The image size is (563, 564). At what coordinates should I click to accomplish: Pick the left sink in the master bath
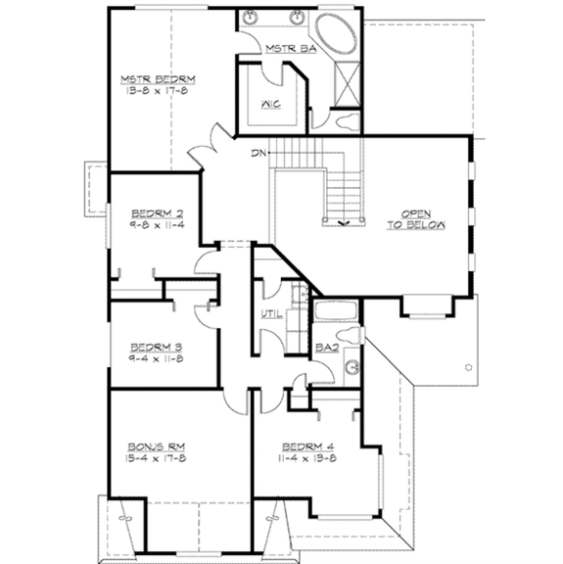click(x=254, y=18)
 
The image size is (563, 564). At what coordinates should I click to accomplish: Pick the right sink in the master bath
click(x=298, y=18)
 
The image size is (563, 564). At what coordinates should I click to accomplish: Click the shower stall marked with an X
click(x=349, y=83)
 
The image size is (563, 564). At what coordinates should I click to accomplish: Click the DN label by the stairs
click(x=258, y=152)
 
